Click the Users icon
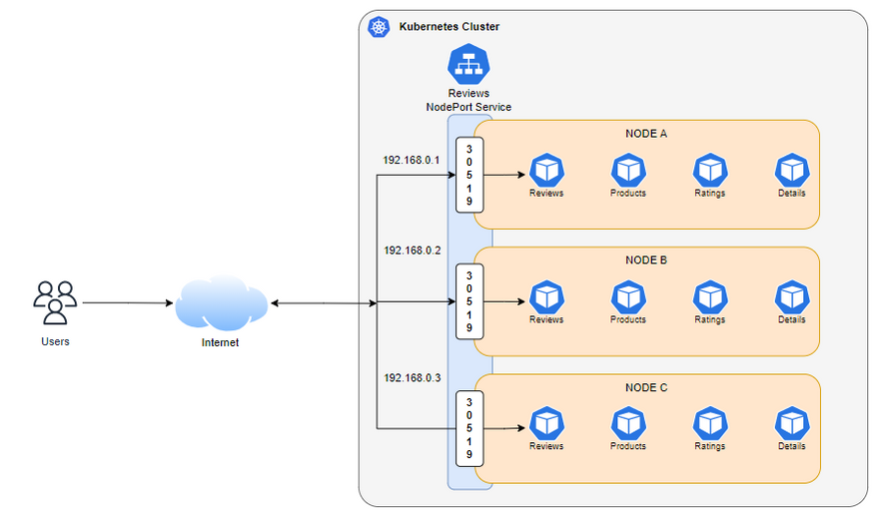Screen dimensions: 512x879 (55, 302)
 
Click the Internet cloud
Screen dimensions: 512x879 (221, 302)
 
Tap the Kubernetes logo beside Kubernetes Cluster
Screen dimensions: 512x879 (379, 27)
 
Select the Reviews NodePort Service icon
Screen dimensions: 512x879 (467, 65)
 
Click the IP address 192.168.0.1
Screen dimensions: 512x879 (411, 160)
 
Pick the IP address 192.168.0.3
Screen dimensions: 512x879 (411, 379)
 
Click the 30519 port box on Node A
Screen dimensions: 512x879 (469, 175)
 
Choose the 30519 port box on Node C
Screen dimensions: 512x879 (469, 428)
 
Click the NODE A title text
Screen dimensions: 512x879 (646, 134)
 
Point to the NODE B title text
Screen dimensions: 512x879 (646, 260)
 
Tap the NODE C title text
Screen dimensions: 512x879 (646, 387)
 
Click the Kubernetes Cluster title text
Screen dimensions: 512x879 (448, 27)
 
